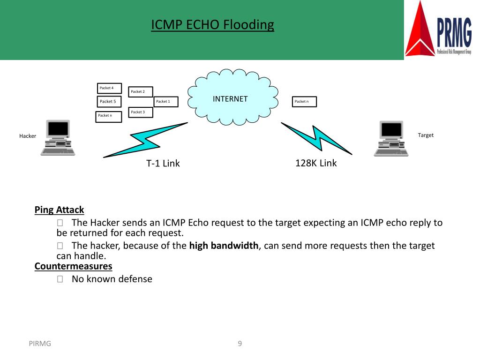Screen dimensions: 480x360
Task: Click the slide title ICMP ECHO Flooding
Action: tap(212, 24)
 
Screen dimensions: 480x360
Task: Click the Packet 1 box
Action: tap(166, 102)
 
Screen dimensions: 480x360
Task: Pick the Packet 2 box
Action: tap(141, 92)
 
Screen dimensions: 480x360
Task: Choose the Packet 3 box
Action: tap(141, 112)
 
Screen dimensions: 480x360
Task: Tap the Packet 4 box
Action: tap(109, 88)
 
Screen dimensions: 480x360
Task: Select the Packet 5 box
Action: tap(109, 102)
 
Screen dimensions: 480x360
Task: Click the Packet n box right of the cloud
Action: tap(304, 102)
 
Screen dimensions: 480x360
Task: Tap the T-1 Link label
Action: tap(163, 164)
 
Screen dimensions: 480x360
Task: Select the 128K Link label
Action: tap(316, 163)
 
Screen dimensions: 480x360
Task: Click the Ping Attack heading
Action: tap(60, 210)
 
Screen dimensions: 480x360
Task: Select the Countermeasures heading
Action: tap(74, 267)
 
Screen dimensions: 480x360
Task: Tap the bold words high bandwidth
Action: tap(224, 246)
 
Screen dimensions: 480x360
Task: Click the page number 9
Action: tap(240, 344)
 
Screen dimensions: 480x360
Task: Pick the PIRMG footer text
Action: tap(39, 344)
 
